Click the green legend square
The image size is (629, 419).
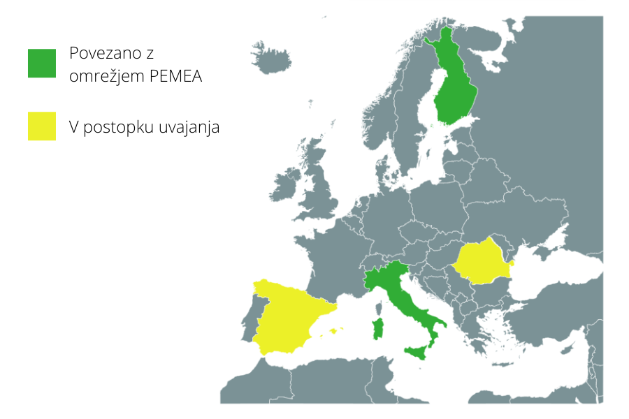click(42, 63)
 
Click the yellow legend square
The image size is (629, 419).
click(42, 126)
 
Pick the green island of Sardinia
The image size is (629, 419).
click(379, 328)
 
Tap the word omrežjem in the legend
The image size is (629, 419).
click(107, 77)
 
